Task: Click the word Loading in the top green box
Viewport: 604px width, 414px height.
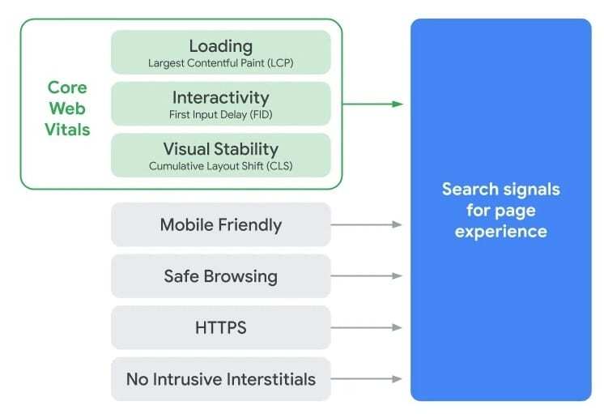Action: tap(220, 46)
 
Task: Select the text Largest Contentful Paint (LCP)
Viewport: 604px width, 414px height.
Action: tap(220, 62)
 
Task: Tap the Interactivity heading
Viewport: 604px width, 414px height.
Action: tap(220, 98)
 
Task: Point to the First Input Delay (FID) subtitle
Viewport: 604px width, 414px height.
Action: tap(220, 114)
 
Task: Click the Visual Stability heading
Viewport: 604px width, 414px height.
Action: tap(220, 149)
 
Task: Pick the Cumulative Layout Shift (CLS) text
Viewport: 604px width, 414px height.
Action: tap(220, 165)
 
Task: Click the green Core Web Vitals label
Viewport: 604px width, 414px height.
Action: tap(68, 108)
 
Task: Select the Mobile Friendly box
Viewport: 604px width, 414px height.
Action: tap(220, 224)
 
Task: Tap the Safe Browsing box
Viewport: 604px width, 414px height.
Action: tap(220, 276)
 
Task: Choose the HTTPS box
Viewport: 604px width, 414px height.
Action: tap(220, 327)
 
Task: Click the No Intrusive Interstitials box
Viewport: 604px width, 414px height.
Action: tap(220, 378)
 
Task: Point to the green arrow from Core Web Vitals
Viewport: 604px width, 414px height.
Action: tap(372, 104)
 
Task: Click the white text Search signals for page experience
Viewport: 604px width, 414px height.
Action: tap(500, 211)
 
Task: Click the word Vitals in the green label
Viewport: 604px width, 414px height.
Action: tap(68, 130)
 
